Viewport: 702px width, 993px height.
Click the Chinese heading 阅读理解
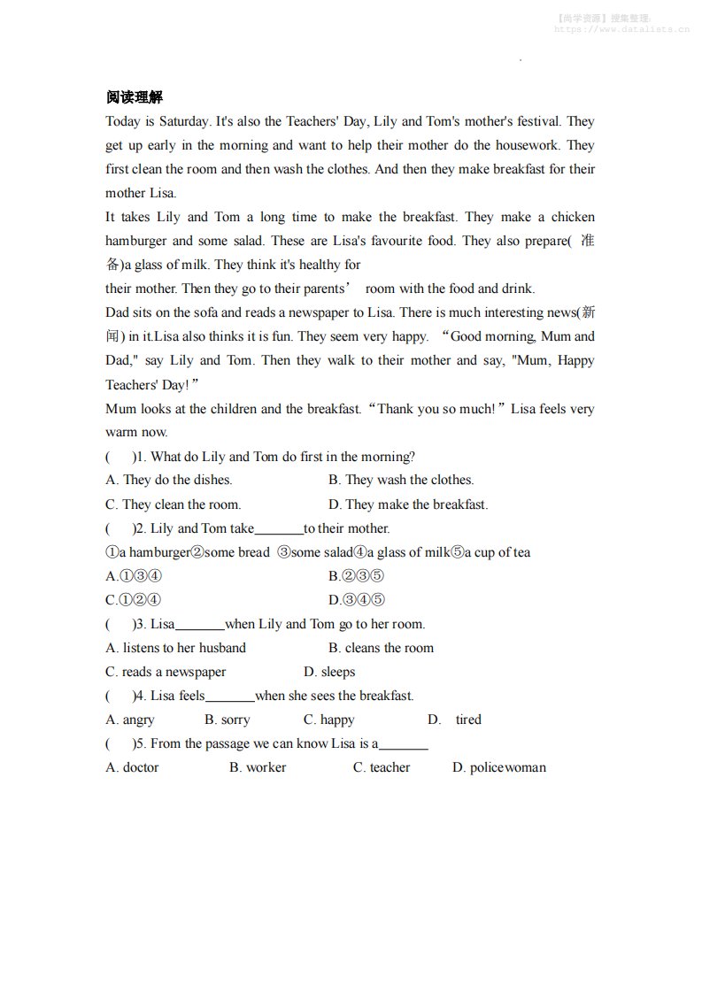[134, 96]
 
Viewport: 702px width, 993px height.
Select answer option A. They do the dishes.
[168, 480]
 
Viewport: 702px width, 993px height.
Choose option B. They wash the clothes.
[400, 480]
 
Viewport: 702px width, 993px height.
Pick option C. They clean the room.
[173, 504]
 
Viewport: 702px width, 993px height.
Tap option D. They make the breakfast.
[407, 504]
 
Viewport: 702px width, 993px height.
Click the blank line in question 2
[279, 530]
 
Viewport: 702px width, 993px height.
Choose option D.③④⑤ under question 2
[356, 600]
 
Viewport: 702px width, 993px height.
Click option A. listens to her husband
[175, 648]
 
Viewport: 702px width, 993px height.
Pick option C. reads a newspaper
[166, 672]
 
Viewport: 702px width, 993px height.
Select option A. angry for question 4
[129, 720]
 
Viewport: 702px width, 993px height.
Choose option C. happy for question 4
[328, 720]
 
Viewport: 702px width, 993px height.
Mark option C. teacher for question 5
[382, 767]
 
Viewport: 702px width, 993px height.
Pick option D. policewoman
[498, 767]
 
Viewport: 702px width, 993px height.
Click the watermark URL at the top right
[621, 29]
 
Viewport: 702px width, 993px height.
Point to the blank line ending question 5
[403, 746]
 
